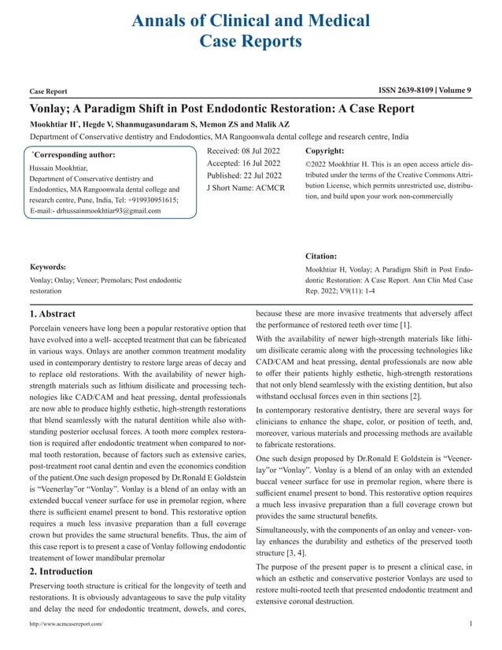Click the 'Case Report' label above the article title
point(48,92)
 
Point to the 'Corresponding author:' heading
point(74,155)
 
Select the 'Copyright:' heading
point(327,149)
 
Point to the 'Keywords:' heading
point(47,267)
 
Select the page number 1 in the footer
point(470,623)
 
